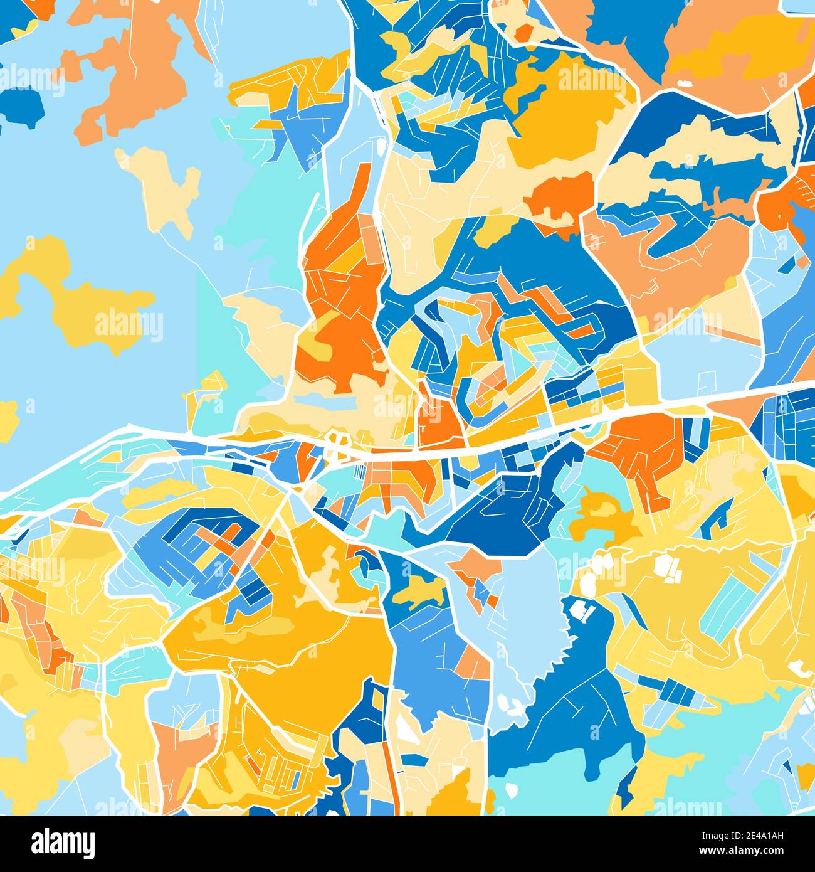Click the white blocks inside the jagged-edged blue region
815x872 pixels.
583,611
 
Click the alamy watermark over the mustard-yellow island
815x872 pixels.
129,324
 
